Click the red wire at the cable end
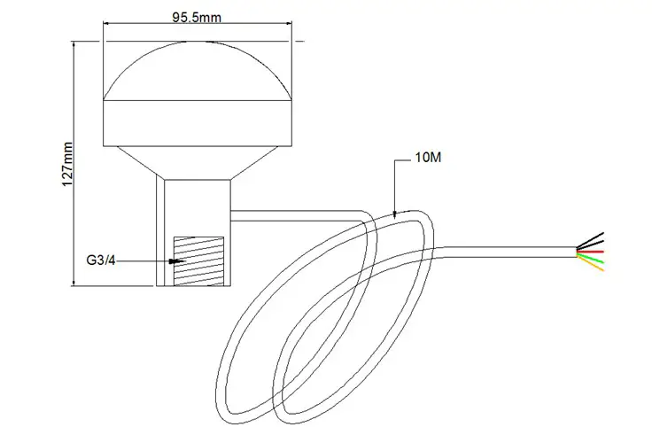[x=592, y=251]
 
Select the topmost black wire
[x=592, y=238]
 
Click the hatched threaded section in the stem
[x=196, y=260]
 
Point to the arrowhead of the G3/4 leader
[x=178, y=261]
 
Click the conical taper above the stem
[x=197, y=163]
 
